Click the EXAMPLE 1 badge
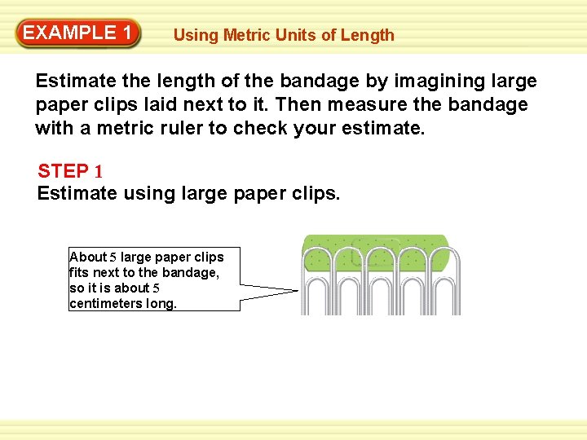(78, 33)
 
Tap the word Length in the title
(367, 35)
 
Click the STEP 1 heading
(70, 172)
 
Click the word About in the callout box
(88, 257)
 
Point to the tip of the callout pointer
(297, 290)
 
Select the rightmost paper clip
(445, 281)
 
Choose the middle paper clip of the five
(381, 281)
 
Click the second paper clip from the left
(349, 281)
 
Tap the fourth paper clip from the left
(413, 281)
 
